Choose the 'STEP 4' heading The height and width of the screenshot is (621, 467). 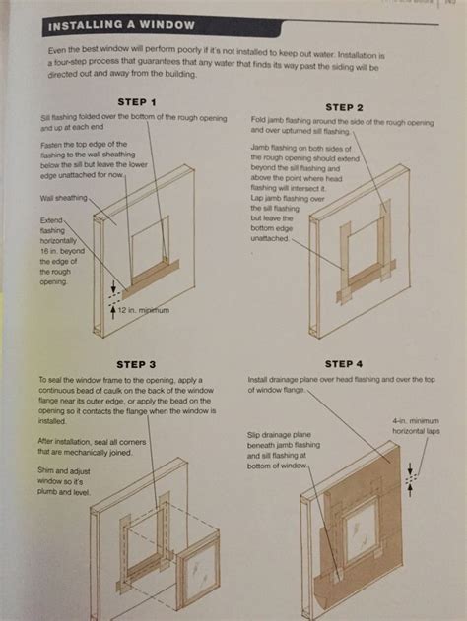pyautogui.click(x=343, y=364)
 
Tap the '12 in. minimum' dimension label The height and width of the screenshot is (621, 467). pyautogui.click(x=145, y=311)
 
